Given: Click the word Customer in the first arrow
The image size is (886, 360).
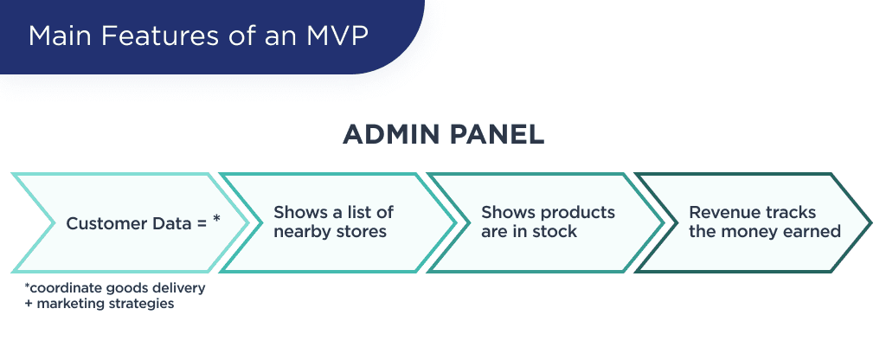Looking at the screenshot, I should click(x=102, y=222).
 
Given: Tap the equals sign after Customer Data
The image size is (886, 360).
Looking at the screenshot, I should click(x=200, y=222).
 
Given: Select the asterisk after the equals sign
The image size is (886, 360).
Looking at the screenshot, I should click(x=216, y=220).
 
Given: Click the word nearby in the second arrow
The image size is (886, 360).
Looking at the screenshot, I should click(x=299, y=231).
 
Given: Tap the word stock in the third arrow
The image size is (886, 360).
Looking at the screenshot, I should click(x=557, y=231).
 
